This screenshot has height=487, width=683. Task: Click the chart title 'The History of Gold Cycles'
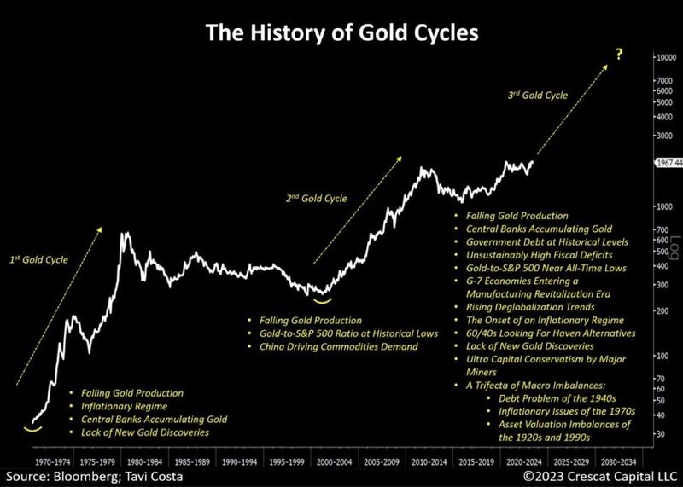tap(341, 34)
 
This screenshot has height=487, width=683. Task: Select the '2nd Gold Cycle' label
tap(317, 198)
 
